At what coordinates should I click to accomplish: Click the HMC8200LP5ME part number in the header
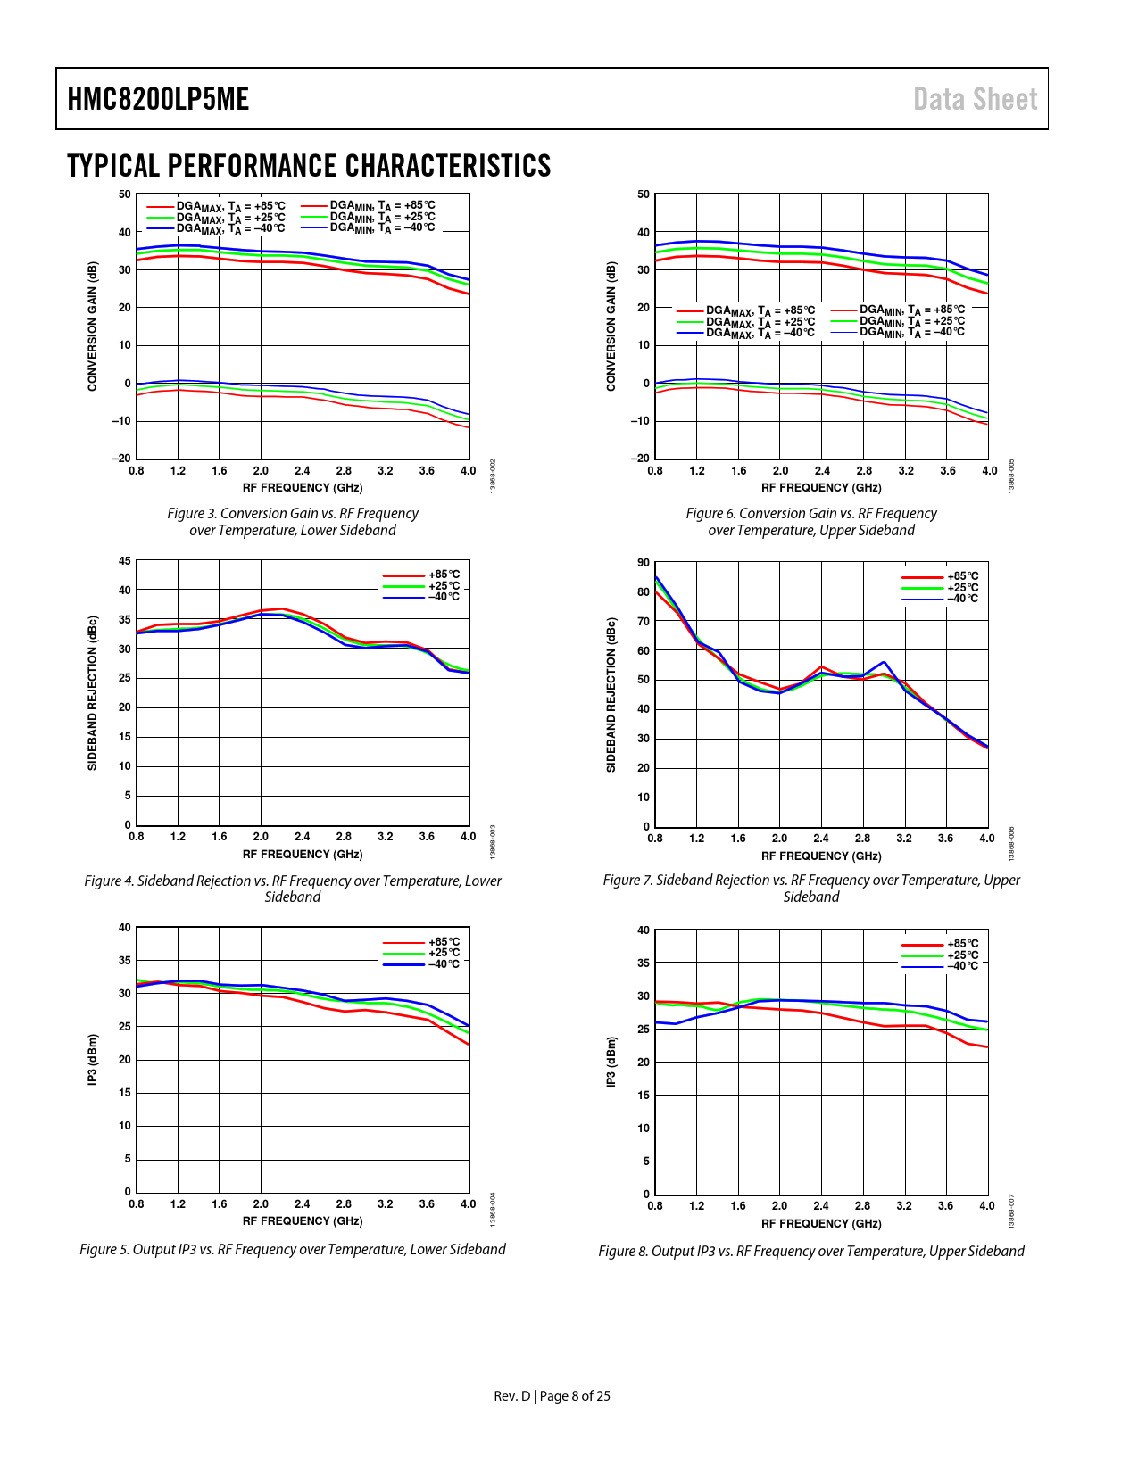coord(158,99)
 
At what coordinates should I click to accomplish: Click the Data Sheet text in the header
coord(975,99)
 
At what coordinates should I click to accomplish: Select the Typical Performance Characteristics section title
coord(309,166)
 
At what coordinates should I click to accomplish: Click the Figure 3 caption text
coord(293,522)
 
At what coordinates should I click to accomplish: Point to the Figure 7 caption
coord(811,889)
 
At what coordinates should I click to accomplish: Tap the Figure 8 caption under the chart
coord(811,1251)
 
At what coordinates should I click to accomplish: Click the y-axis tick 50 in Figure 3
coord(124,194)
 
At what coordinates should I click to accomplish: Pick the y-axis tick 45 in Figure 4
coord(124,561)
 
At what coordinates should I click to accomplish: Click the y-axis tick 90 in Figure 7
coord(644,562)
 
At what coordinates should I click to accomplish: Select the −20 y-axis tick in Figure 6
coord(641,459)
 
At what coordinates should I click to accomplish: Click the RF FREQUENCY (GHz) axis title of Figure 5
coord(303,1220)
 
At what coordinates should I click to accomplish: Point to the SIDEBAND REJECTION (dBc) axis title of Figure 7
coord(611,695)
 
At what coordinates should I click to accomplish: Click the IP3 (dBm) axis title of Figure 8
coord(611,1062)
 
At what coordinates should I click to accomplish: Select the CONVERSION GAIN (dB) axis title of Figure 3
coord(92,327)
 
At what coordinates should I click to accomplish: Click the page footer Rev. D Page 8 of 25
coord(552,1396)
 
